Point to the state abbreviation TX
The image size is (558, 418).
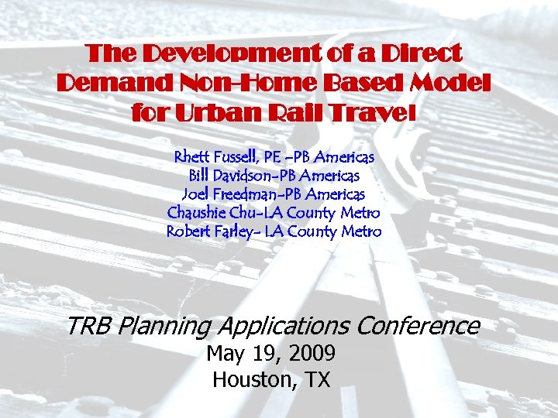coord(315,380)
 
